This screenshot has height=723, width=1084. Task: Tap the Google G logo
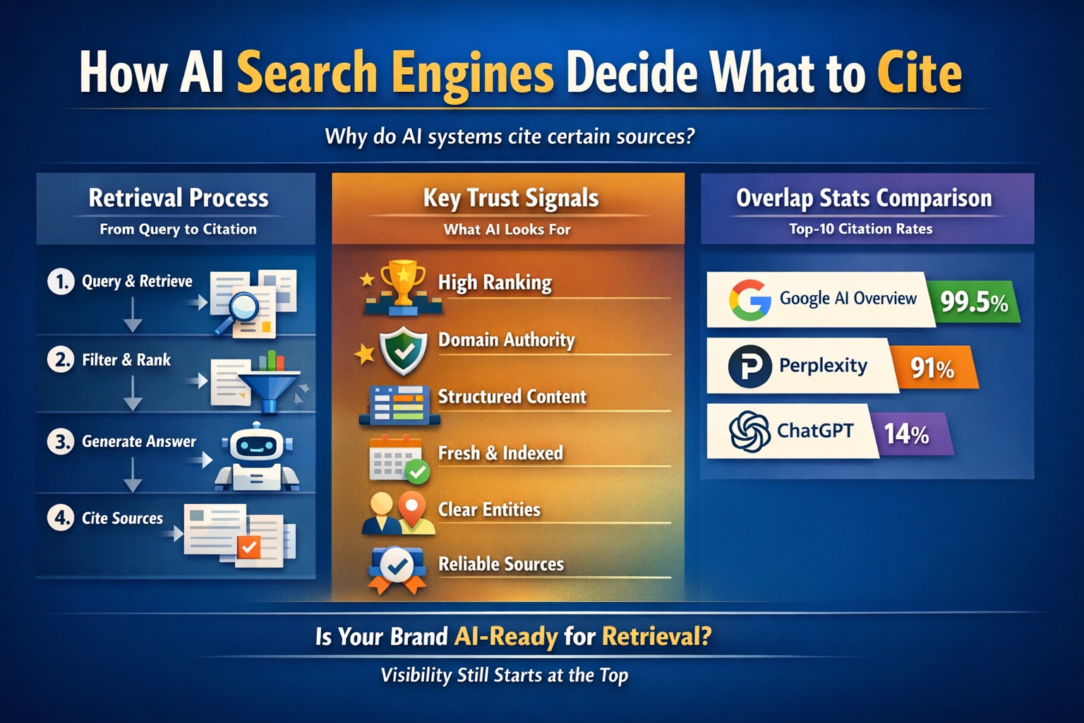pos(749,299)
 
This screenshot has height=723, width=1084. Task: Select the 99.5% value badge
pos(975,302)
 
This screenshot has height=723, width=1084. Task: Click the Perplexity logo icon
pos(749,366)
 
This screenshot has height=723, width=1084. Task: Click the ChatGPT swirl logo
pos(749,431)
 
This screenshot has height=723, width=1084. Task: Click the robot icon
pos(256,456)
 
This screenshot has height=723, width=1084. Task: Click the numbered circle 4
pos(61,518)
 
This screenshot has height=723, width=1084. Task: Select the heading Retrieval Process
pos(179,198)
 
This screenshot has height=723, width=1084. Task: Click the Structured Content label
pos(512,397)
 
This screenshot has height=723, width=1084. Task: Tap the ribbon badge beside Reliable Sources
pos(397,567)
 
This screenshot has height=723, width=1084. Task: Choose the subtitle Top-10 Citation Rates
pos(861,229)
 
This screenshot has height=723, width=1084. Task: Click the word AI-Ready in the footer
pos(505,637)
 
